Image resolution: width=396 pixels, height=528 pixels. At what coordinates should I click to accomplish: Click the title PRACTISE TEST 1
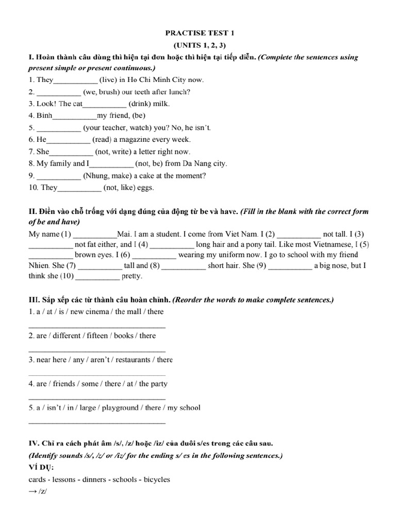coord(199,33)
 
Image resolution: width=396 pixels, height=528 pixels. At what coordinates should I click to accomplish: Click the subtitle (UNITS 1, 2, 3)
coord(199,45)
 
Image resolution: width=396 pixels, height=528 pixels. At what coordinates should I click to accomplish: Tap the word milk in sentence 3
coord(160,104)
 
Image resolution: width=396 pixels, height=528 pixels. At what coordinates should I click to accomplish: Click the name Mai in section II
coord(125,234)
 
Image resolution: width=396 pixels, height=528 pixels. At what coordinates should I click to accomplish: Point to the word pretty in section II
coord(131,276)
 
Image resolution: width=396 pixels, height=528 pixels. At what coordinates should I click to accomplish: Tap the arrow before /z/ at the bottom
coord(32,491)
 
